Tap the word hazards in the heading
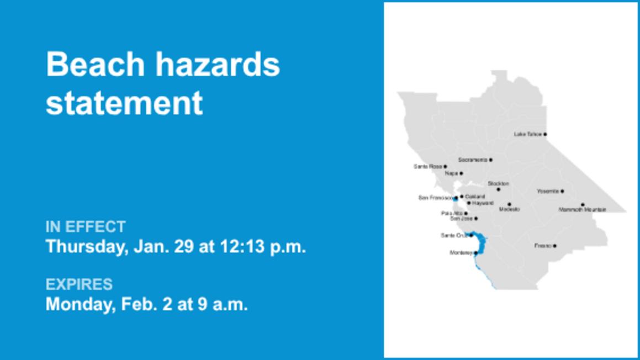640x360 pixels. coord(216,65)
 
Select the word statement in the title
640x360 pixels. coord(124,103)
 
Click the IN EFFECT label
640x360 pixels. coord(86,227)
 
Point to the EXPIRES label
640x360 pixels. coord(79,284)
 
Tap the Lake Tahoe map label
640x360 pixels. coord(527,134)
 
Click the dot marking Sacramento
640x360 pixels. coord(490,160)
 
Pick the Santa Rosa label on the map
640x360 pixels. coord(427,166)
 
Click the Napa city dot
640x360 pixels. coord(461,173)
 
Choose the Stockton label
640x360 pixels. coord(498,183)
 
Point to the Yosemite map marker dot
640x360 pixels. coord(562,191)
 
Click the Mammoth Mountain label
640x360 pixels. coord(582,210)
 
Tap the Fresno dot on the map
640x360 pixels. coord(554,246)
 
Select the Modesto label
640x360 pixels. coord(509,210)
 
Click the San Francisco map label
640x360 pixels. coord(435,198)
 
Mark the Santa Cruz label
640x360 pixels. coord(454,236)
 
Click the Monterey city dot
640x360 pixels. coord(475,253)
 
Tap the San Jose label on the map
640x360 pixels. coord(462,219)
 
